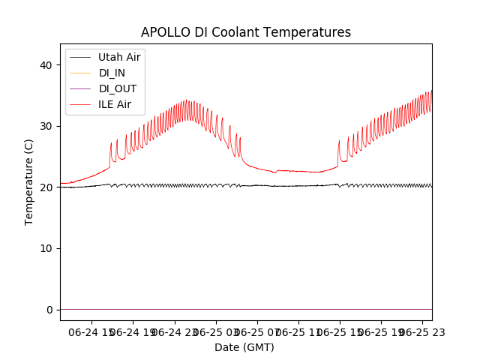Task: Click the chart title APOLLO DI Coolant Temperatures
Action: click(245, 33)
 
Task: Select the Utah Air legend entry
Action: click(119, 57)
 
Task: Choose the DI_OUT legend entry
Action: click(118, 88)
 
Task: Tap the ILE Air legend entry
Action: click(115, 104)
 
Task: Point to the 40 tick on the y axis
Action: click(46, 65)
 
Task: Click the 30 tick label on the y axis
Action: click(46, 126)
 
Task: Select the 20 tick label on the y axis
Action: click(46, 187)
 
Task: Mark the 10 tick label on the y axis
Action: click(46, 248)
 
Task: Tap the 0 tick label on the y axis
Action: click(49, 310)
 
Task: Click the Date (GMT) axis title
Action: click(244, 347)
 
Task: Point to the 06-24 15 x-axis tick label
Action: click(90, 331)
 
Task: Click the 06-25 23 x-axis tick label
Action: click(420, 331)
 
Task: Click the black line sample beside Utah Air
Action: click(80, 57)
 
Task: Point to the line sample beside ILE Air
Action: click(80, 104)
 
